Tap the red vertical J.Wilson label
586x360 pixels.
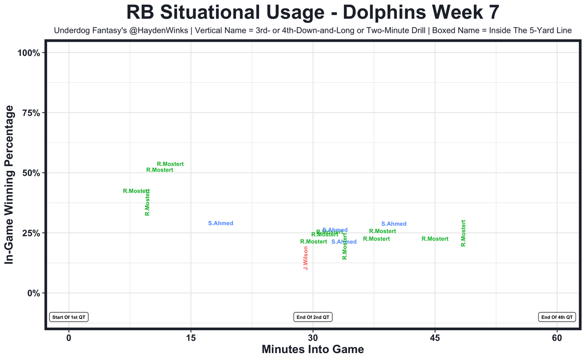[x=305, y=258]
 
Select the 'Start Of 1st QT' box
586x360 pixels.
[x=69, y=317]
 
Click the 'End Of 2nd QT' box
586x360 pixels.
[x=313, y=317]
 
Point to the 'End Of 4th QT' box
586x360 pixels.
[x=557, y=317]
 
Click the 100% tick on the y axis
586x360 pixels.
[x=30, y=53]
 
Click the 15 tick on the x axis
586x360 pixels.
[x=191, y=338]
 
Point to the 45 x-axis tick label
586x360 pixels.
[x=435, y=338]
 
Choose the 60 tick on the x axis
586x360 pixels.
[x=557, y=338]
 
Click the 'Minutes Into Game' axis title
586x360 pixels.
[x=313, y=349]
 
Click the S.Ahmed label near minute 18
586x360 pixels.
[x=221, y=224]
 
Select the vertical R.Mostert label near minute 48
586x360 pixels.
[x=463, y=233]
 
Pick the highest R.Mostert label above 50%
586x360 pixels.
[x=170, y=164]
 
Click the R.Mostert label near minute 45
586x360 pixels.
[x=435, y=239]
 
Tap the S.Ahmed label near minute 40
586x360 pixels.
[x=394, y=224]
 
